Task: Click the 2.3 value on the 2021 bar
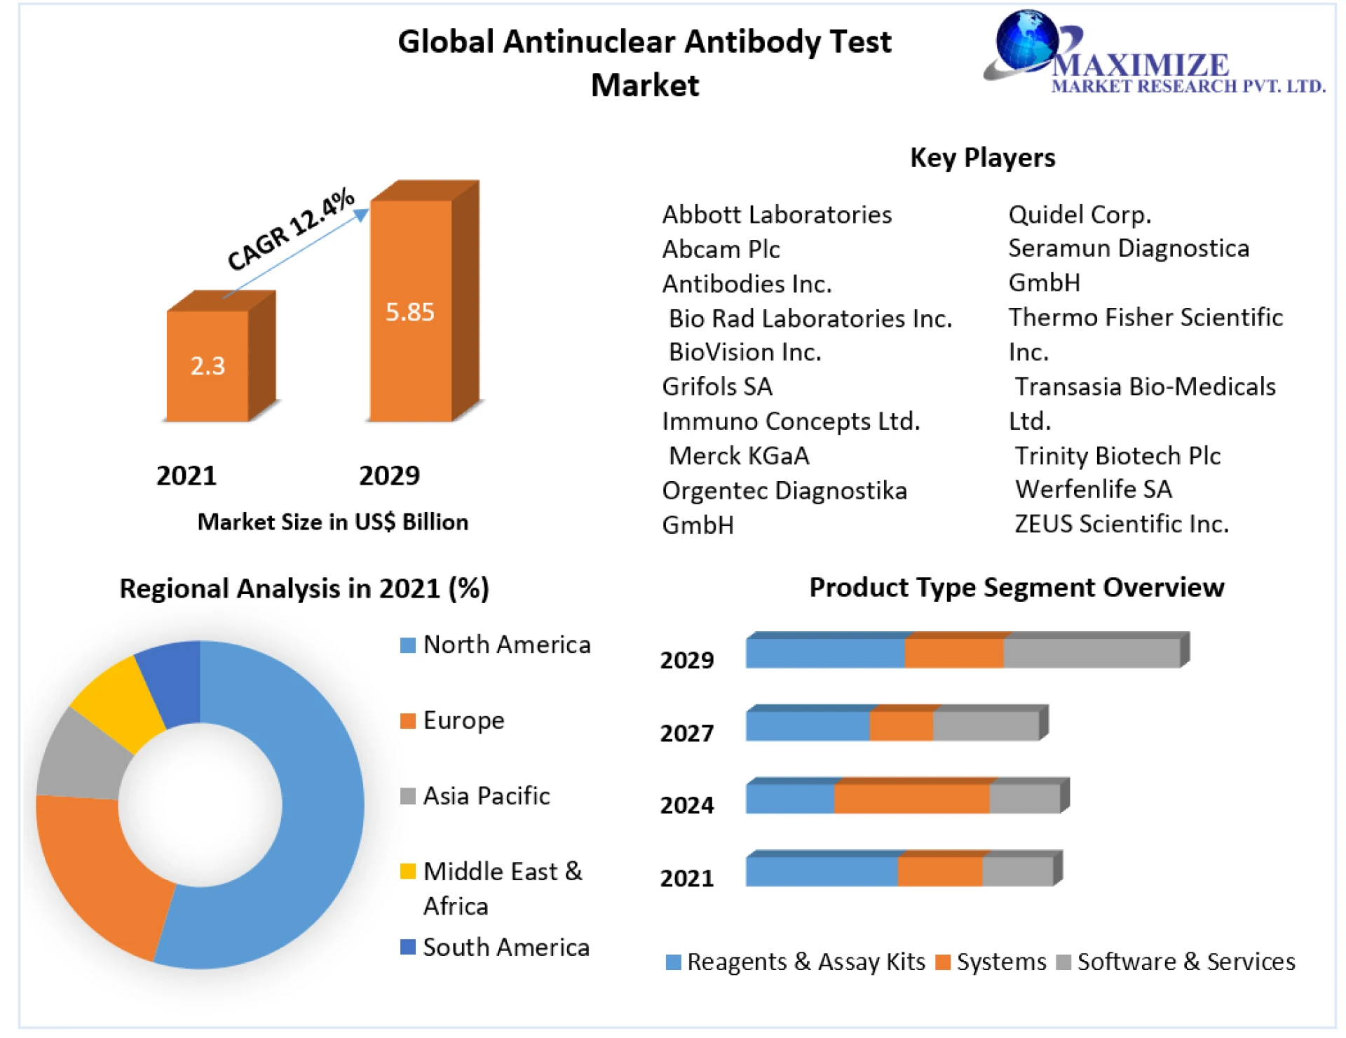click(208, 365)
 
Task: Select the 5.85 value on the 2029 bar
click(410, 311)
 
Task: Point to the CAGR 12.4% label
click(290, 229)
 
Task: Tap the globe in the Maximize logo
click(1026, 41)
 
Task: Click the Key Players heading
click(982, 158)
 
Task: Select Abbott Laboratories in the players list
click(777, 215)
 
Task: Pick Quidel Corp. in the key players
click(1080, 215)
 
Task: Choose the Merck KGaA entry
click(739, 456)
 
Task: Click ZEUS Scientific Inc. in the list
click(1122, 524)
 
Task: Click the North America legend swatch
click(407, 645)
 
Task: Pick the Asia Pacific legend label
click(487, 796)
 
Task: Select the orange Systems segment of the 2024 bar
click(911, 799)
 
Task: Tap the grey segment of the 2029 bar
click(1092, 653)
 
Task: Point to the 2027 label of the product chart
click(687, 733)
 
